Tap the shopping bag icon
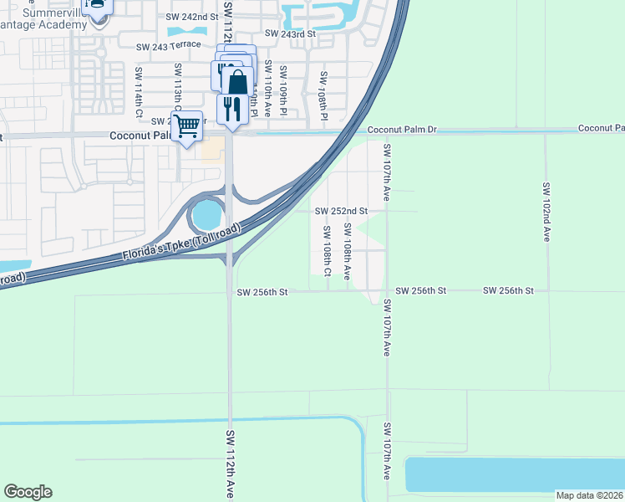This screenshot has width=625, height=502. click(237, 82)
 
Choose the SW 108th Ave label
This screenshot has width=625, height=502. click(347, 253)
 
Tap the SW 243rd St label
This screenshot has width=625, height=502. click(290, 33)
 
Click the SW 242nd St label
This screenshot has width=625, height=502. click(191, 17)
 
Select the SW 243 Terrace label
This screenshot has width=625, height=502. click(169, 45)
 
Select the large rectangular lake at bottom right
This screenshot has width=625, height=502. click(514, 474)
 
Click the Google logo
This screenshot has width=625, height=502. click(28, 492)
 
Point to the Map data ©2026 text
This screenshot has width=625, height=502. click(589, 495)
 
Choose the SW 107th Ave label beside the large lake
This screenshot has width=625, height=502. click(387, 451)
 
